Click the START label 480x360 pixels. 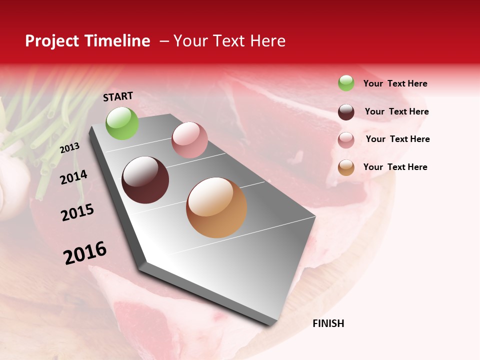pos(118,96)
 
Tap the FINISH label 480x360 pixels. pos(328,323)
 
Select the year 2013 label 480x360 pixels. pos(69,148)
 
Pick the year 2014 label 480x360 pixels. pos(73,177)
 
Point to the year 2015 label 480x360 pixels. pos(77,212)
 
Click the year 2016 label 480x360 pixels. pos(85,252)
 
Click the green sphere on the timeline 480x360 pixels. pos(122,123)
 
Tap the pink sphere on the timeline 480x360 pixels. pos(189,140)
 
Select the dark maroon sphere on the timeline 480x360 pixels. pos(145,180)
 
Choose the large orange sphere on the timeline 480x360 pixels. pos(216,207)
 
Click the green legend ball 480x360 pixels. pos(346,83)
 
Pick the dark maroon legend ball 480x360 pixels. pos(346,112)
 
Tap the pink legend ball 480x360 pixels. pos(346,140)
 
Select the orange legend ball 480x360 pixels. pos(346,167)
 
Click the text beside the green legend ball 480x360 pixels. pos(395,84)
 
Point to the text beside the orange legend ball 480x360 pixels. pos(395,167)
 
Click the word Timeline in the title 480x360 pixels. pos(118,41)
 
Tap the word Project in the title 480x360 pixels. pos(51,41)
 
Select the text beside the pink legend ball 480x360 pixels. pos(397,139)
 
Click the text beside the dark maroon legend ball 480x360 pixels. pos(396,111)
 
